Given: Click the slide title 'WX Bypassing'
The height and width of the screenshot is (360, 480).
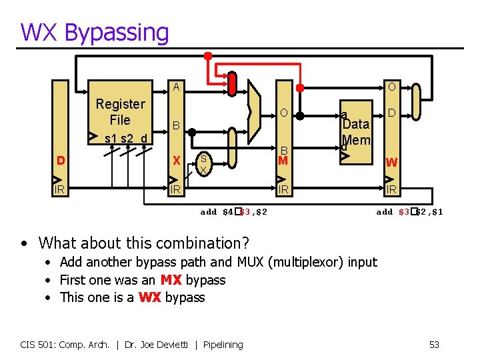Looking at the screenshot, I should (95, 32).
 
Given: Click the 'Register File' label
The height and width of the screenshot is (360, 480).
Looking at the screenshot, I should (120, 112).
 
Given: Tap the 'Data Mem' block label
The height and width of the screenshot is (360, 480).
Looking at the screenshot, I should (356, 131).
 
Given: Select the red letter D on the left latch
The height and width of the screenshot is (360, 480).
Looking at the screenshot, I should (61, 161).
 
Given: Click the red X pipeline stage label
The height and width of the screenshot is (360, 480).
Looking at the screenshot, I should (177, 161).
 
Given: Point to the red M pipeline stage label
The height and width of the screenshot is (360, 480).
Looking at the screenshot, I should (283, 161).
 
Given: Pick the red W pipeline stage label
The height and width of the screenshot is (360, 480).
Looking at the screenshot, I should (392, 162).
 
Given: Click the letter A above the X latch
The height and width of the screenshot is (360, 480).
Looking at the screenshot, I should (176, 87).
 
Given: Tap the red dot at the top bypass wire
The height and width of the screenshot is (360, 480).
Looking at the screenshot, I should (208, 56).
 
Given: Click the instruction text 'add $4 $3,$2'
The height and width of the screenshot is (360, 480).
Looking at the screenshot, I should (234, 212).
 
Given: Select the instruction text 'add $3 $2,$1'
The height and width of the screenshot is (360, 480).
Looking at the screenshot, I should (409, 212).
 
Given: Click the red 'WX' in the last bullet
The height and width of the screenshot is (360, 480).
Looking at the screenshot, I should (150, 297).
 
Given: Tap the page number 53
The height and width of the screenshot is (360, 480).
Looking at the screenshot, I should (434, 345).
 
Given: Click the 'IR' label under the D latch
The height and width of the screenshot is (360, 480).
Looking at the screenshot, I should (60, 190).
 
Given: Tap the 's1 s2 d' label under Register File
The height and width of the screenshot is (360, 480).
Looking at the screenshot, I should (129, 139).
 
